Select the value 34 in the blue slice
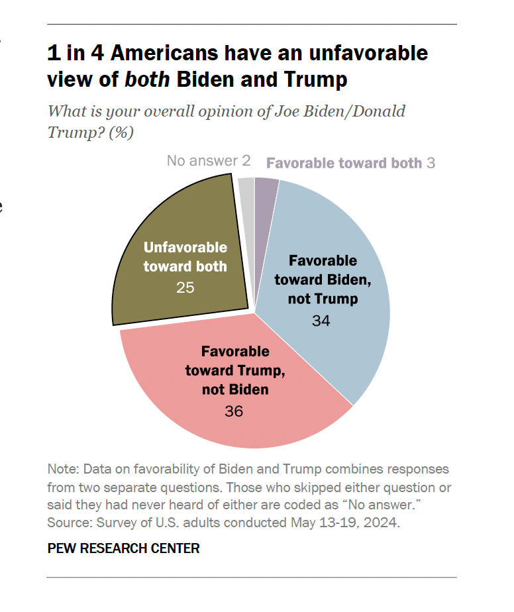[x=322, y=322]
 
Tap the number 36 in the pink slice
[x=234, y=411]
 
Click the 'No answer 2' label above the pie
[x=209, y=161]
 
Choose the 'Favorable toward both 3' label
[x=350, y=163]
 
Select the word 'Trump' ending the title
[x=315, y=79]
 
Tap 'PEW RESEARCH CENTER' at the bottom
[x=124, y=548]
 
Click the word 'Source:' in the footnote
[x=68, y=522]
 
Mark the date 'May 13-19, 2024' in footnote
[x=344, y=522]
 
